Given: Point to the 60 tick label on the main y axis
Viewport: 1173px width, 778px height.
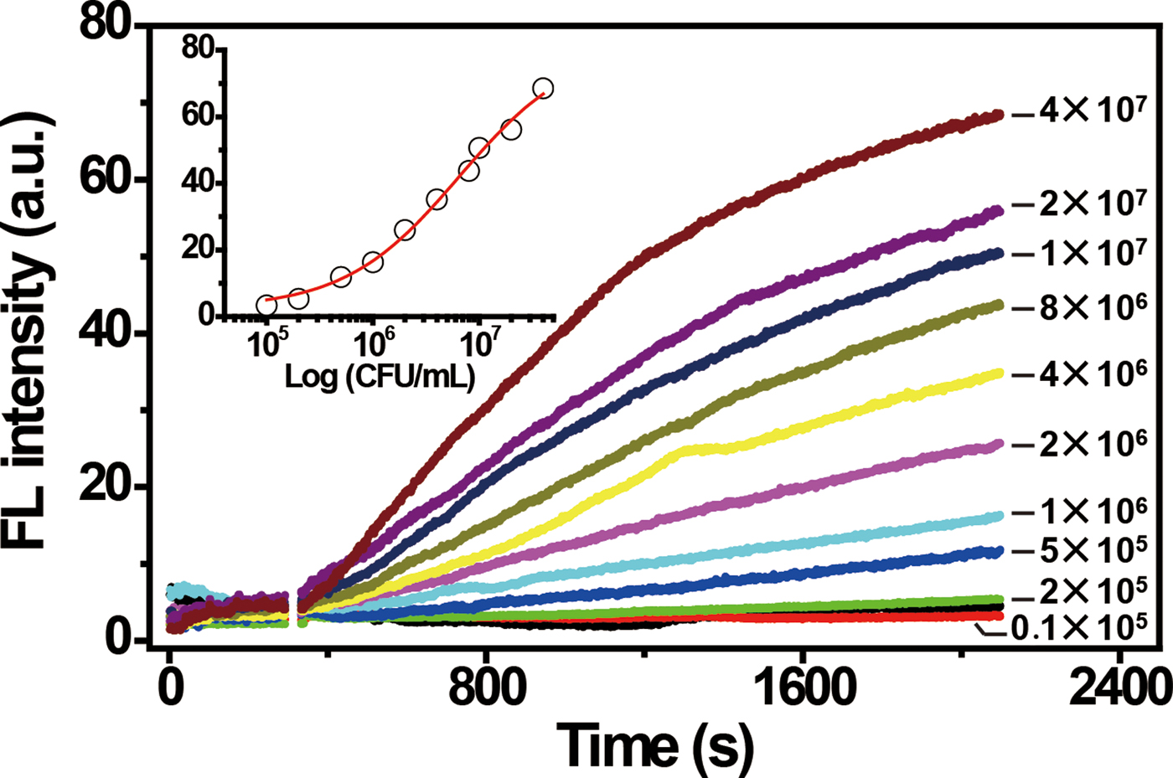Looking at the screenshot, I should [106, 179].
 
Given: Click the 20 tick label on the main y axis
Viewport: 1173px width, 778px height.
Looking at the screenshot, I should [106, 487].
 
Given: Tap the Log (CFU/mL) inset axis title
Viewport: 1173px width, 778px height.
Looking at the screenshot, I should [380, 376].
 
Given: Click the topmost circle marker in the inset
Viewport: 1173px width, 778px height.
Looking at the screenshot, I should [543, 88].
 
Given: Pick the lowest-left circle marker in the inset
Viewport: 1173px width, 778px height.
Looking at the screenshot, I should [266, 305].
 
